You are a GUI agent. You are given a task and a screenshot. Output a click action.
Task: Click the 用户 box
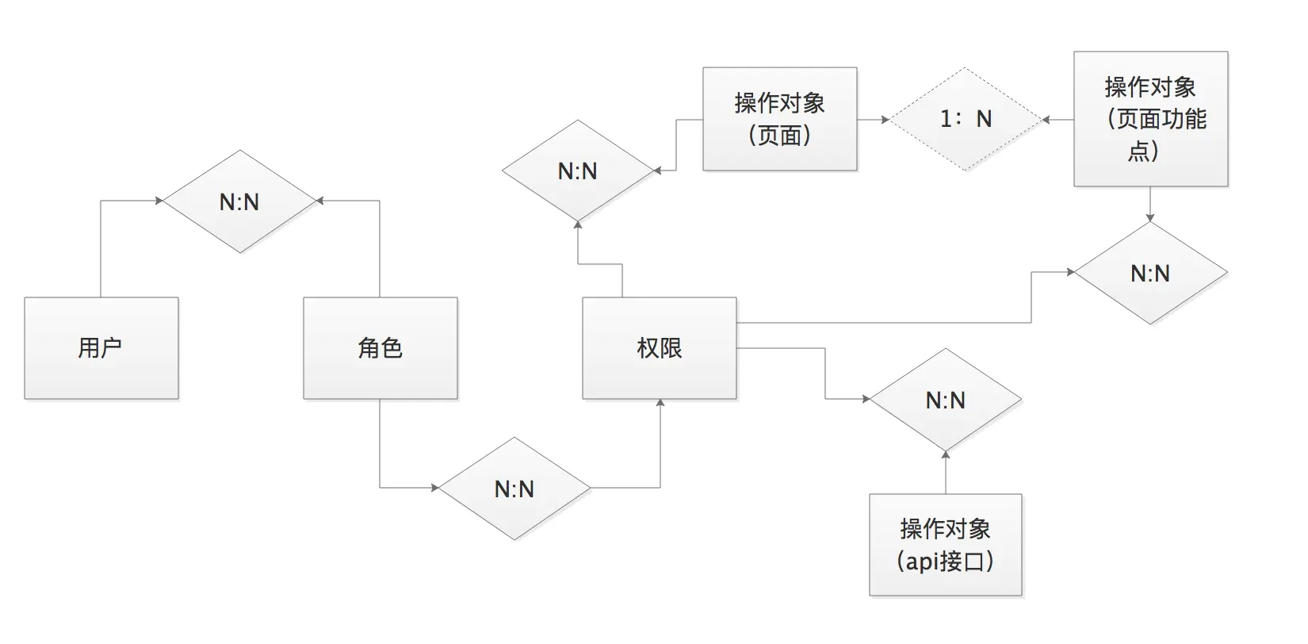[101, 348]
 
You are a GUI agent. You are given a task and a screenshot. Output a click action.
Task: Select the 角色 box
[381, 348]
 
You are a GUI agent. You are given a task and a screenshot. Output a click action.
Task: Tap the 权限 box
[660, 348]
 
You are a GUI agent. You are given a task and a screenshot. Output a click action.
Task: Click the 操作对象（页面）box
[780, 119]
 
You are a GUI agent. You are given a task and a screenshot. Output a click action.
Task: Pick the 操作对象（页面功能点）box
[1150, 119]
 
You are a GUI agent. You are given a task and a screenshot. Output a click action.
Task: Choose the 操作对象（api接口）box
[946, 545]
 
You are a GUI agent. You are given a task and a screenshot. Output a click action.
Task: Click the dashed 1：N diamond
[966, 119]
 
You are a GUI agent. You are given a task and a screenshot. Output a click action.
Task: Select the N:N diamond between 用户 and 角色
[239, 201]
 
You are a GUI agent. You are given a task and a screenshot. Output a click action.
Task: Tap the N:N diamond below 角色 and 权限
[514, 489]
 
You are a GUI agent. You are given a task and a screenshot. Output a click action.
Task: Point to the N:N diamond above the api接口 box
[946, 400]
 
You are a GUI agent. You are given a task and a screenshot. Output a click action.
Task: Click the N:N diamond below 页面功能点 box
[1150, 273]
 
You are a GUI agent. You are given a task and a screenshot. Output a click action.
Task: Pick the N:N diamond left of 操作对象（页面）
[578, 171]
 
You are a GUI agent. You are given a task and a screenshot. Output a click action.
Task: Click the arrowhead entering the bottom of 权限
[660, 404]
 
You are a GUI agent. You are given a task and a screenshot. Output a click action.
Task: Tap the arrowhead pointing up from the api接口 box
[946, 454]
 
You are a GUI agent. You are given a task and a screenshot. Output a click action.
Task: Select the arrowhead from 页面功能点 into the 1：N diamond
[1046, 120]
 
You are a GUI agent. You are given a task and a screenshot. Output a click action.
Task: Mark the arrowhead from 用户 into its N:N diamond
[159, 201]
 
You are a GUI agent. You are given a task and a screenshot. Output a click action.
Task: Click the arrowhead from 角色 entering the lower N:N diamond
[434, 488]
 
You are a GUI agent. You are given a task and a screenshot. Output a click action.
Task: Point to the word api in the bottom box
[922, 562]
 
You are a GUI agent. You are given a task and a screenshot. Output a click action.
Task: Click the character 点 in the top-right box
[1138, 151]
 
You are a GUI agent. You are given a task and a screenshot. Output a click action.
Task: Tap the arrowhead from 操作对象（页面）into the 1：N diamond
[885, 120]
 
